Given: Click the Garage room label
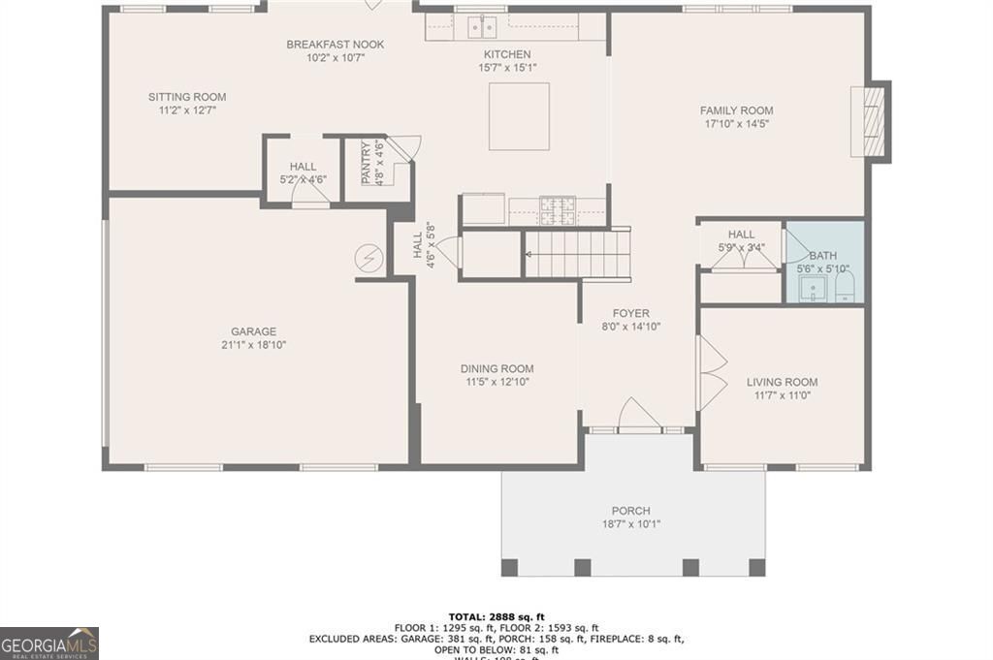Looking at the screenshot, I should pos(253,331).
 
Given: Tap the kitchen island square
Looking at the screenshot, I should pos(519,116).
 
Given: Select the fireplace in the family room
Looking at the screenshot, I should pos(868,122).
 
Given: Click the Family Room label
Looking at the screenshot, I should pos(736,110).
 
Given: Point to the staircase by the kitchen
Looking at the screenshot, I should pos(578,254).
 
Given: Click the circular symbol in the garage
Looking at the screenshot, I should pos(368,257).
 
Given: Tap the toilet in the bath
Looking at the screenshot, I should pos(844,286).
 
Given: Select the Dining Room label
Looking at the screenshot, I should pos(496,368).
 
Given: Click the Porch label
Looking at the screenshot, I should pos(630,511).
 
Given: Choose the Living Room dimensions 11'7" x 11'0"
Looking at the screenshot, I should pos(782,395).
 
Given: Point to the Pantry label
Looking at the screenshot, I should pos(367,164).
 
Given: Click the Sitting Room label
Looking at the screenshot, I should pos(187,97).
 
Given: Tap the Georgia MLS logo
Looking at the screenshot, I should pos(49,644).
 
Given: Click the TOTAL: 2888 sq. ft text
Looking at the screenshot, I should pos(496,616).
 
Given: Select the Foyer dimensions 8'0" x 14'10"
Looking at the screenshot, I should pos(630,327).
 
